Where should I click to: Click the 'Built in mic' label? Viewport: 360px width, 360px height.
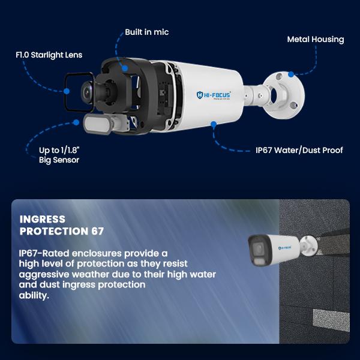(147, 32)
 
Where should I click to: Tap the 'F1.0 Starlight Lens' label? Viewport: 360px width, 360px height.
(49, 55)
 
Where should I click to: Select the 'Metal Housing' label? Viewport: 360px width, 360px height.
(316, 40)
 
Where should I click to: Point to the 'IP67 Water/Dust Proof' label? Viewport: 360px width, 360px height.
(299, 150)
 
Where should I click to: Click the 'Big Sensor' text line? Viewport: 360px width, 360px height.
(59, 160)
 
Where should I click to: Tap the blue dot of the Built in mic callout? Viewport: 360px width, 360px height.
(125, 68)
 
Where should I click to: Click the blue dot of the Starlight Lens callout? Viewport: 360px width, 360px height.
(67, 91)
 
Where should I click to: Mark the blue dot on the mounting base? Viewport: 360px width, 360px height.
(291, 74)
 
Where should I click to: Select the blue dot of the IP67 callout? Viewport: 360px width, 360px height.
(214, 124)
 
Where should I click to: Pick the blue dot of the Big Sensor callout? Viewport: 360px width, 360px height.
(76, 122)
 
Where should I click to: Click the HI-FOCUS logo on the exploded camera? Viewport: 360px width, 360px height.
(214, 95)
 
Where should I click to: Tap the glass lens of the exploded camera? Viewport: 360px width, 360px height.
(87, 92)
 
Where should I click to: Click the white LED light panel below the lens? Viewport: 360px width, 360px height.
(97, 124)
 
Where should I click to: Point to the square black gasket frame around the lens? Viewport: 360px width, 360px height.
(65, 92)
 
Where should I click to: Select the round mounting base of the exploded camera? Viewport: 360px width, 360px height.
(284, 95)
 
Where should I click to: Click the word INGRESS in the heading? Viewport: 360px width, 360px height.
(43, 219)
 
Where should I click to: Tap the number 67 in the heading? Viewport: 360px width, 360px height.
(98, 231)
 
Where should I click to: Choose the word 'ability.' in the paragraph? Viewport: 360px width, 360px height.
(34, 295)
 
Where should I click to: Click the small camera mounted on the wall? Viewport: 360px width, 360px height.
(283, 250)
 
